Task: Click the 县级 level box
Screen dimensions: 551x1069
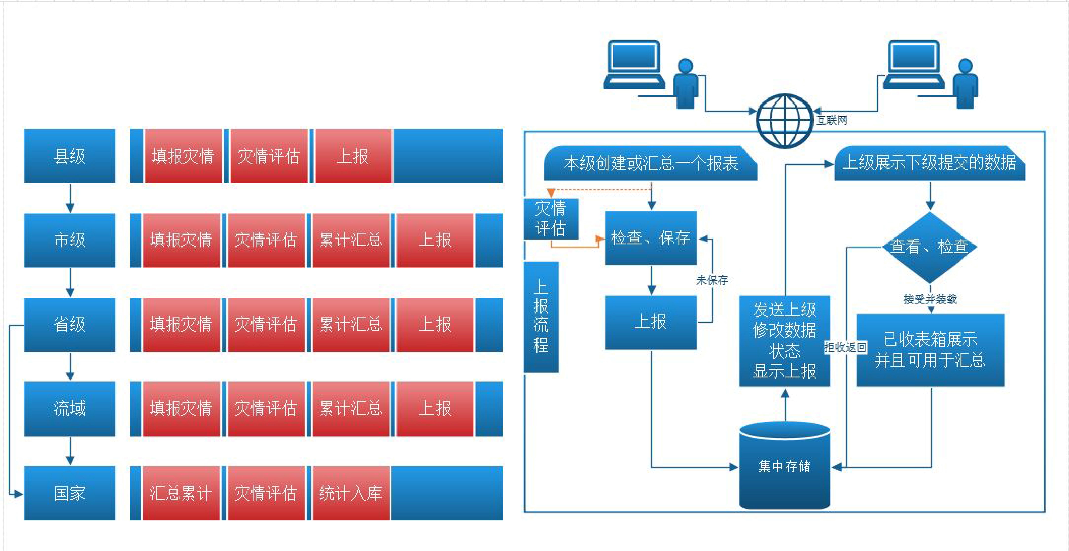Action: pos(69,156)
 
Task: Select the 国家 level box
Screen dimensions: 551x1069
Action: pos(69,493)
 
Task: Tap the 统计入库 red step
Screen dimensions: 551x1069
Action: pos(351,493)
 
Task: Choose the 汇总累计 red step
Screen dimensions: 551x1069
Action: pos(181,493)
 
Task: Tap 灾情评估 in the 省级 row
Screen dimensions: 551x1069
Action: pos(266,324)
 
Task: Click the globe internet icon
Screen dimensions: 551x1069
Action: pos(784,120)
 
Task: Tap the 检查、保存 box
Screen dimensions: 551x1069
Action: pos(651,238)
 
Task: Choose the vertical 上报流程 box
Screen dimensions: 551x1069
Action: pos(541,317)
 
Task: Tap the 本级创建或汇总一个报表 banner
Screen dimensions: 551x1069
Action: pos(651,163)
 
